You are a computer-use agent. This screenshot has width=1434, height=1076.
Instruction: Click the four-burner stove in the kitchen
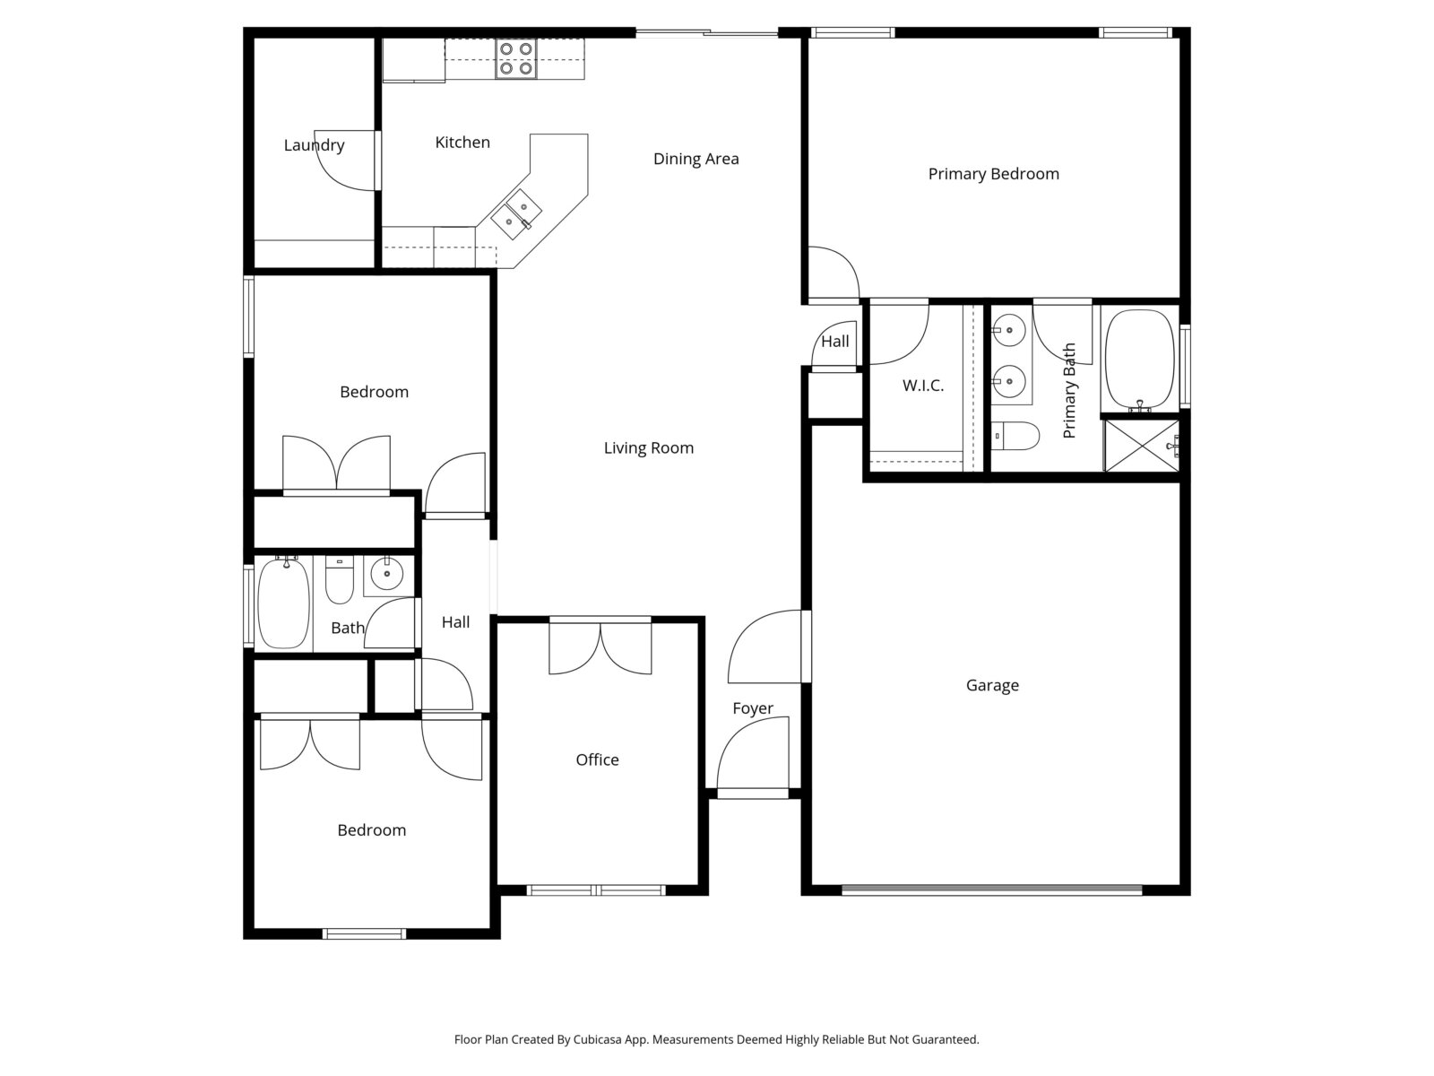coord(515,59)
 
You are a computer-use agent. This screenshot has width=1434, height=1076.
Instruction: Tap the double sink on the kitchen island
coord(516,214)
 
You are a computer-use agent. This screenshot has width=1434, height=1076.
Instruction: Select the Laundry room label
coord(315,145)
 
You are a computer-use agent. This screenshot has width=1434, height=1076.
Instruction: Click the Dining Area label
coord(695,159)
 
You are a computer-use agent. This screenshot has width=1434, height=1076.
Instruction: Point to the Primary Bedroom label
coord(994,174)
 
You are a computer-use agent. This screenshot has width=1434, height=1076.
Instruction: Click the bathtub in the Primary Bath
coord(1140,360)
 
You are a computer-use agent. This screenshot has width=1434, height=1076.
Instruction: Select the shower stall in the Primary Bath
coord(1141,446)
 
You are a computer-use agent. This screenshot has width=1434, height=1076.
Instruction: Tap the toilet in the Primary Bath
coord(1015,436)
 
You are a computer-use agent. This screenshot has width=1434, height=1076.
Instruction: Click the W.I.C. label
coord(923,386)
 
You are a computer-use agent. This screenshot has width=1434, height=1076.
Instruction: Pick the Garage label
coord(992,685)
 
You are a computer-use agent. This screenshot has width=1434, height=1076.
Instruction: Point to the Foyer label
coord(753,708)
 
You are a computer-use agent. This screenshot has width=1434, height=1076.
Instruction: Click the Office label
coord(597,759)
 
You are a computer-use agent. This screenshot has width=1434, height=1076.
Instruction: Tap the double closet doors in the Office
coord(600,646)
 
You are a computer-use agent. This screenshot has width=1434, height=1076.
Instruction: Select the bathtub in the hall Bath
coord(283,603)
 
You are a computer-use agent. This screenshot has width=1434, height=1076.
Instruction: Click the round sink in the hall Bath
coord(387,575)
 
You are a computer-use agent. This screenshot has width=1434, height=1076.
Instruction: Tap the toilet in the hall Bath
coord(339,579)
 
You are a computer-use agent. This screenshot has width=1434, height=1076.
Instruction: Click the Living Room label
coord(649,448)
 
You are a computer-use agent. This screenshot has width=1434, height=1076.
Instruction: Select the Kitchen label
coord(462,143)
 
